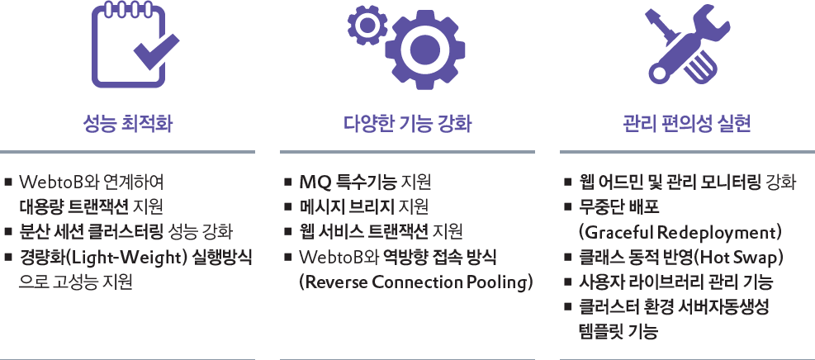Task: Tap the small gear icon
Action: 367,25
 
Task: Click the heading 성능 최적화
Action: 128,125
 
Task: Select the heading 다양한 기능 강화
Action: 408,125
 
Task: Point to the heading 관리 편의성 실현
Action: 687,125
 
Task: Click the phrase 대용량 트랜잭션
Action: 73,207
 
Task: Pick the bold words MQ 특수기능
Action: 348,182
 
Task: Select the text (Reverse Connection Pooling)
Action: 416,283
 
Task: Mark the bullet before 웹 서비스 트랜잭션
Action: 287,233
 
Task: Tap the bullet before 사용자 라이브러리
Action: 567,283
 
